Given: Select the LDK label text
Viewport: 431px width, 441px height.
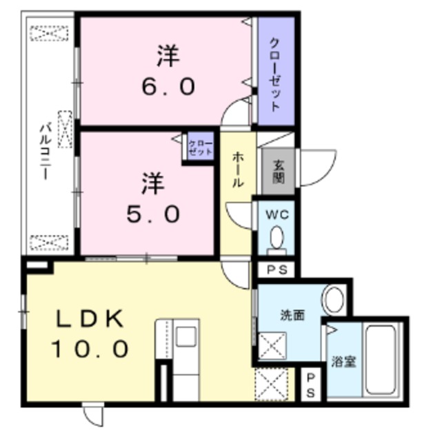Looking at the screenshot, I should pyautogui.click(x=89, y=319).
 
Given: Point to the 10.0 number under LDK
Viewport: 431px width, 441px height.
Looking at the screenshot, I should pyautogui.click(x=89, y=349).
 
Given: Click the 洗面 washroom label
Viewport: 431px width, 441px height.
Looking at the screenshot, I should pyautogui.click(x=290, y=316).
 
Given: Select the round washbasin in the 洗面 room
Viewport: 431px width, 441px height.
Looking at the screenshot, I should pyautogui.click(x=334, y=300).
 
